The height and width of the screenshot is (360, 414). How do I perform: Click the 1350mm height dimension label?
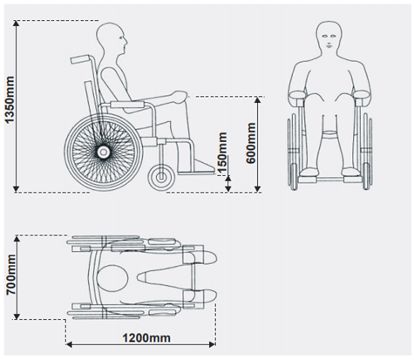pyautogui.click(x=10, y=99)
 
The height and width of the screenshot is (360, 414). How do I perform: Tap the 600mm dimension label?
pyautogui.click(x=251, y=143)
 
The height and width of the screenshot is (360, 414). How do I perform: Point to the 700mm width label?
pyautogui.click(x=11, y=275)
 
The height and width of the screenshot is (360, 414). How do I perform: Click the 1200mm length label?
pyautogui.click(x=146, y=338)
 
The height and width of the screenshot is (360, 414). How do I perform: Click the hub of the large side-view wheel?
pyautogui.click(x=103, y=152)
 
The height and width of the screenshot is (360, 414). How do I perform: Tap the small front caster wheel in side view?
pyautogui.click(x=161, y=177)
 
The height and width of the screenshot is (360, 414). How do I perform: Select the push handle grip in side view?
pyautogui.click(x=79, y=59)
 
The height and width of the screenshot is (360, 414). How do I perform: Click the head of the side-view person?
pyautogui.click(x=112, y=38)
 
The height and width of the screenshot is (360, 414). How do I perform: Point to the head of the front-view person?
pyautogui.click(x=329, y=37)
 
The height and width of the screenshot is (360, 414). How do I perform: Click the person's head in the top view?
pyautogui.click(x=112, y=279)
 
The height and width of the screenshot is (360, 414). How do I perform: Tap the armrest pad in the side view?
pyautogui.click(x=127, y=105)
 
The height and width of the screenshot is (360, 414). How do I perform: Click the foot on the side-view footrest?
pyautogui.click(x=202, y=166)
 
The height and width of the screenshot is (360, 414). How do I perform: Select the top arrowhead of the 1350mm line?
pyautogui.click(x=17, y=24)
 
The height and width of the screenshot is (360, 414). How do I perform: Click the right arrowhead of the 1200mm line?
pyautogui.click(x=212, y=344)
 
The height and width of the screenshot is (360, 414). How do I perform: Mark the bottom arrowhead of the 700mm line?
pyautogui.click(x=17, y=316)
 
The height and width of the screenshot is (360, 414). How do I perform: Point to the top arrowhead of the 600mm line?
pyautogui.click(x=257, y=100)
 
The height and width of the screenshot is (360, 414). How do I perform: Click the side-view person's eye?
pyautogui.click(x=121, y=37)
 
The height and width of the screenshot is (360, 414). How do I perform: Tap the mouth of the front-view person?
pyautogui.click(x=329, y=45)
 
